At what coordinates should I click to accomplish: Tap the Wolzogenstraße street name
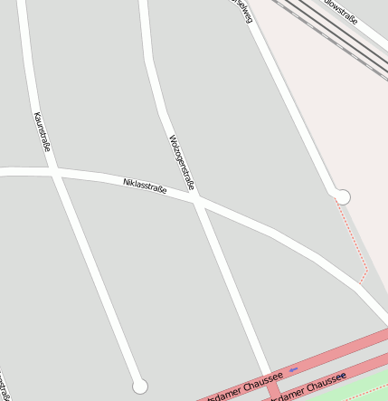pyautogui.click(x=182, y=162)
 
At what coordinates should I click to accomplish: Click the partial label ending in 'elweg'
pyautogui.click(x=241, y=8)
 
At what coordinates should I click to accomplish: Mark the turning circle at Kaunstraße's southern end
pyautogui.click(x=139, y=387)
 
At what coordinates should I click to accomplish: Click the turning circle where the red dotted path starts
pyautogui.click(x=342, y=196)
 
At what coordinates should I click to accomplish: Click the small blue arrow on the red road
pyautogui.click(x=294, y=369)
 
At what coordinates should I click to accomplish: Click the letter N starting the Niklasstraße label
pyautogui.click(x=126, y=182)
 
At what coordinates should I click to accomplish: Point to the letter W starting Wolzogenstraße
pyautogui.click(x=172, y=138)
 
